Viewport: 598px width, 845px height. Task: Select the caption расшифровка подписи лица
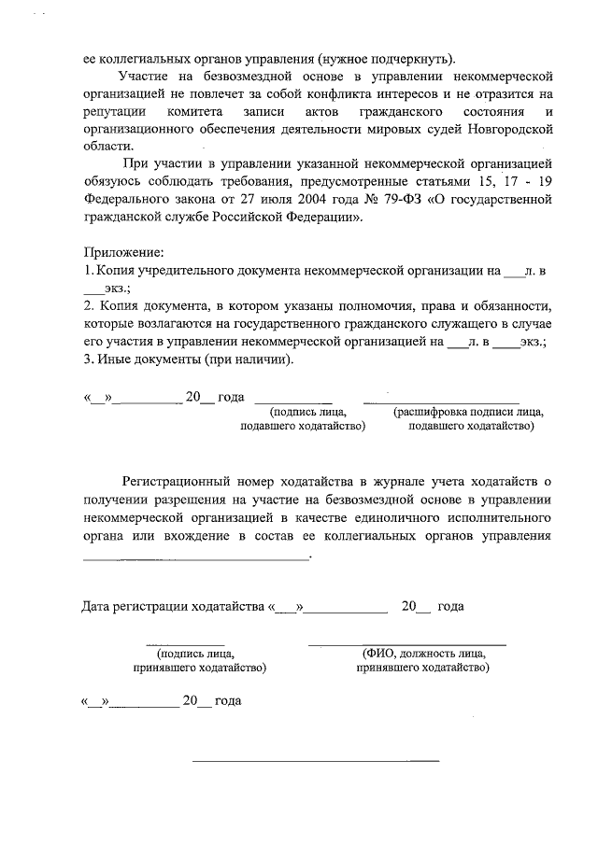[x=469, y=412]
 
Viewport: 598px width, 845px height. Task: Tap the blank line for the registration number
[x=196, y=557]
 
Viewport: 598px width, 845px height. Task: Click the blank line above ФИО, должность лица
[x=407, y=644]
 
